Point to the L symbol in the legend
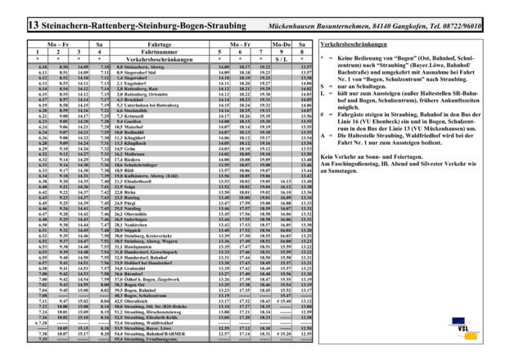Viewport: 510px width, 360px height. tap(322, 96)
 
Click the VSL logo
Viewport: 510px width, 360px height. tap(471, 330)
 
